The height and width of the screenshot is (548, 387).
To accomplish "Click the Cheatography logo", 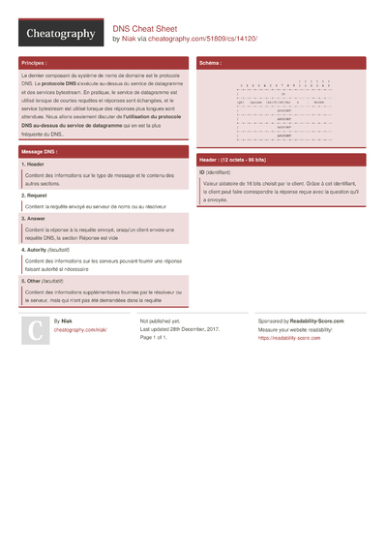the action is pyautogui.click(x=60, y=34).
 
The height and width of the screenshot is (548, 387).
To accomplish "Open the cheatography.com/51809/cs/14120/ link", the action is pyautogui.click(x=202, y=39).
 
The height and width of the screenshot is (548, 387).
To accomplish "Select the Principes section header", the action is pyautogui.click(x=33, y=63).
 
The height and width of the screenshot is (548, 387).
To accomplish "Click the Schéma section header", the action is pyautogui.click(x=210, y=63).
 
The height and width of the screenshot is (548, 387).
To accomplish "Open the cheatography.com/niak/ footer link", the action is pyautogui.click(x=80, y=329).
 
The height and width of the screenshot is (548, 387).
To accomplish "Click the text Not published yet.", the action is pyautogui.click(x=161, y=320).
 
